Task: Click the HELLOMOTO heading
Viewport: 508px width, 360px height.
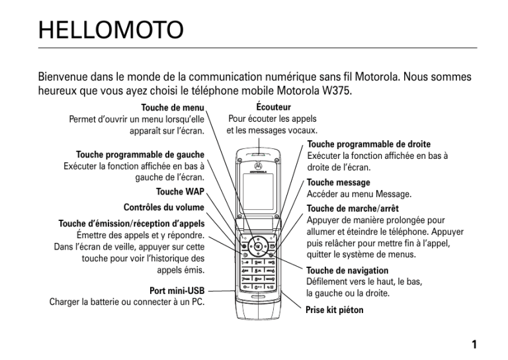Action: [x=111, y=30]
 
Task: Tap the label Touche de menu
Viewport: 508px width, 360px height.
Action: [x=173, y=108]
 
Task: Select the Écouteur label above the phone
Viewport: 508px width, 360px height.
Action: [x=273, y=107]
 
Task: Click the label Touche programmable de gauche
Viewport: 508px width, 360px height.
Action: [x=140, y=154]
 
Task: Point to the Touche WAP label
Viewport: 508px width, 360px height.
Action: [x=180, y=191]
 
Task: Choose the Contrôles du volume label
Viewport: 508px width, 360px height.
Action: [x=164, y=207]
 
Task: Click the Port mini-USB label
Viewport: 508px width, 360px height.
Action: [x=177, y=291]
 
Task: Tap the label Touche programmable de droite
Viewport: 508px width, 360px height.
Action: [x=369, y=144]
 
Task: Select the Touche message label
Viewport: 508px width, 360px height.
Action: [x=338, y=183]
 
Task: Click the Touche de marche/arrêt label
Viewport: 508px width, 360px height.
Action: [x=353, y=208]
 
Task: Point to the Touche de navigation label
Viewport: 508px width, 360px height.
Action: [x=347, y=270]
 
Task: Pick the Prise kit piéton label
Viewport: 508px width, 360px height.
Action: [x=334, y=310]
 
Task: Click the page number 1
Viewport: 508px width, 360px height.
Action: [x=474, y=344]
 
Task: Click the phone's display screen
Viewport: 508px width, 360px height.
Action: [x=258, y=192]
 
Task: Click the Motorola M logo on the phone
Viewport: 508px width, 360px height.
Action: [x=258, y=166]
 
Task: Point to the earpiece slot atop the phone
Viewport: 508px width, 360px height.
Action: [x=259, y=154]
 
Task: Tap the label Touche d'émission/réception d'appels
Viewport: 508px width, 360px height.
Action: [x=132, y=224]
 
